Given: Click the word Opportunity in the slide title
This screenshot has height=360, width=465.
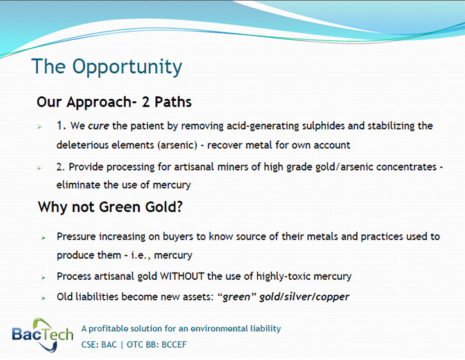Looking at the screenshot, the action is (127, 67).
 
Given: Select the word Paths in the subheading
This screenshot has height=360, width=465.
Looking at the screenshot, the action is (173, 102).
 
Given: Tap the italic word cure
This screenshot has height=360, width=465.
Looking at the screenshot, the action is (99, 126).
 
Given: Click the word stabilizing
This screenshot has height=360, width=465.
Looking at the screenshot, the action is (391, 126).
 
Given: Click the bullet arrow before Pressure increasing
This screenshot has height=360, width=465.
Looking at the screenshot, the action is (44, 237).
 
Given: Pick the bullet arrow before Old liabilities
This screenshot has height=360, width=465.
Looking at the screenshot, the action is (44, 298).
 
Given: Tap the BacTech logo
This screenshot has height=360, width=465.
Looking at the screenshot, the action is (42, 335).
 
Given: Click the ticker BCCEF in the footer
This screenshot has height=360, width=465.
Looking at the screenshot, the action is (174, 345).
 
